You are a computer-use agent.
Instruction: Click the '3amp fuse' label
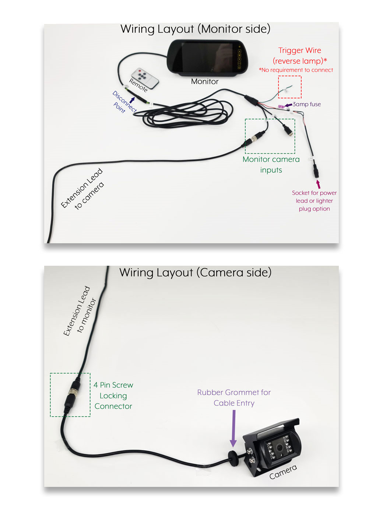[306, 104]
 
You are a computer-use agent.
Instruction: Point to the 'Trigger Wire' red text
[299, 50]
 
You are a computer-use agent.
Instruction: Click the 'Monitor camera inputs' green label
[271, 164]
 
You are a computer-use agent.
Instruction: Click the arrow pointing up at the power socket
[318, 184]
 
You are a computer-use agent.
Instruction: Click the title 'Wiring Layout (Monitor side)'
[195, 29]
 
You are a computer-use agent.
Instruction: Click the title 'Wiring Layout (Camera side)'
[195, 272]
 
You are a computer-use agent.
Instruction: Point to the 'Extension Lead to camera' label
[83, 189]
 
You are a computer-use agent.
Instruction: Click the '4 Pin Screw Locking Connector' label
[113, 395]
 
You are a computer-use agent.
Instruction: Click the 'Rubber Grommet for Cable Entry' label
[234, 397]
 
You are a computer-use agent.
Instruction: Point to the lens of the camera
[280, 448]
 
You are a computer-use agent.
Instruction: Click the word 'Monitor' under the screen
[205, 81]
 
